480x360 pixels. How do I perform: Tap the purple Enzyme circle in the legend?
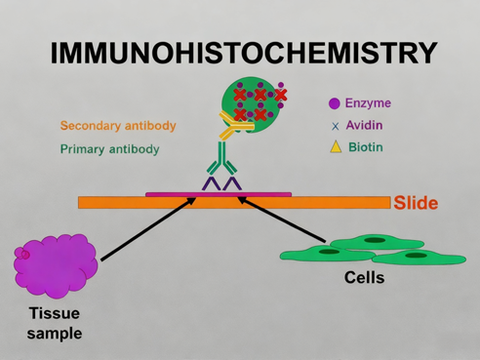pos(335,103)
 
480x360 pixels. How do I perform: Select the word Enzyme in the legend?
pos(368,103)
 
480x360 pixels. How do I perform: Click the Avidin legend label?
pos(364,125)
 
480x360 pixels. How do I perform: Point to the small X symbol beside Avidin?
pos(335,126)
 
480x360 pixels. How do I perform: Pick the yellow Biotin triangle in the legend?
pos(335,147)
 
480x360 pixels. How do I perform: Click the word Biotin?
pos(366,147)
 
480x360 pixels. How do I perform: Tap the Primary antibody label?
pos(109,149)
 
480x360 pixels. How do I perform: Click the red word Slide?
pos(416,203)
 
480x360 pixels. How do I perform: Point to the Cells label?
pos(365,278)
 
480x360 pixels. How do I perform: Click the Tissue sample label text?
pos(54,323)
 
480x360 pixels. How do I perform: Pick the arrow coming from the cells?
pos(283,220)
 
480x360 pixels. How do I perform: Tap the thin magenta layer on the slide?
pos(219,194)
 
